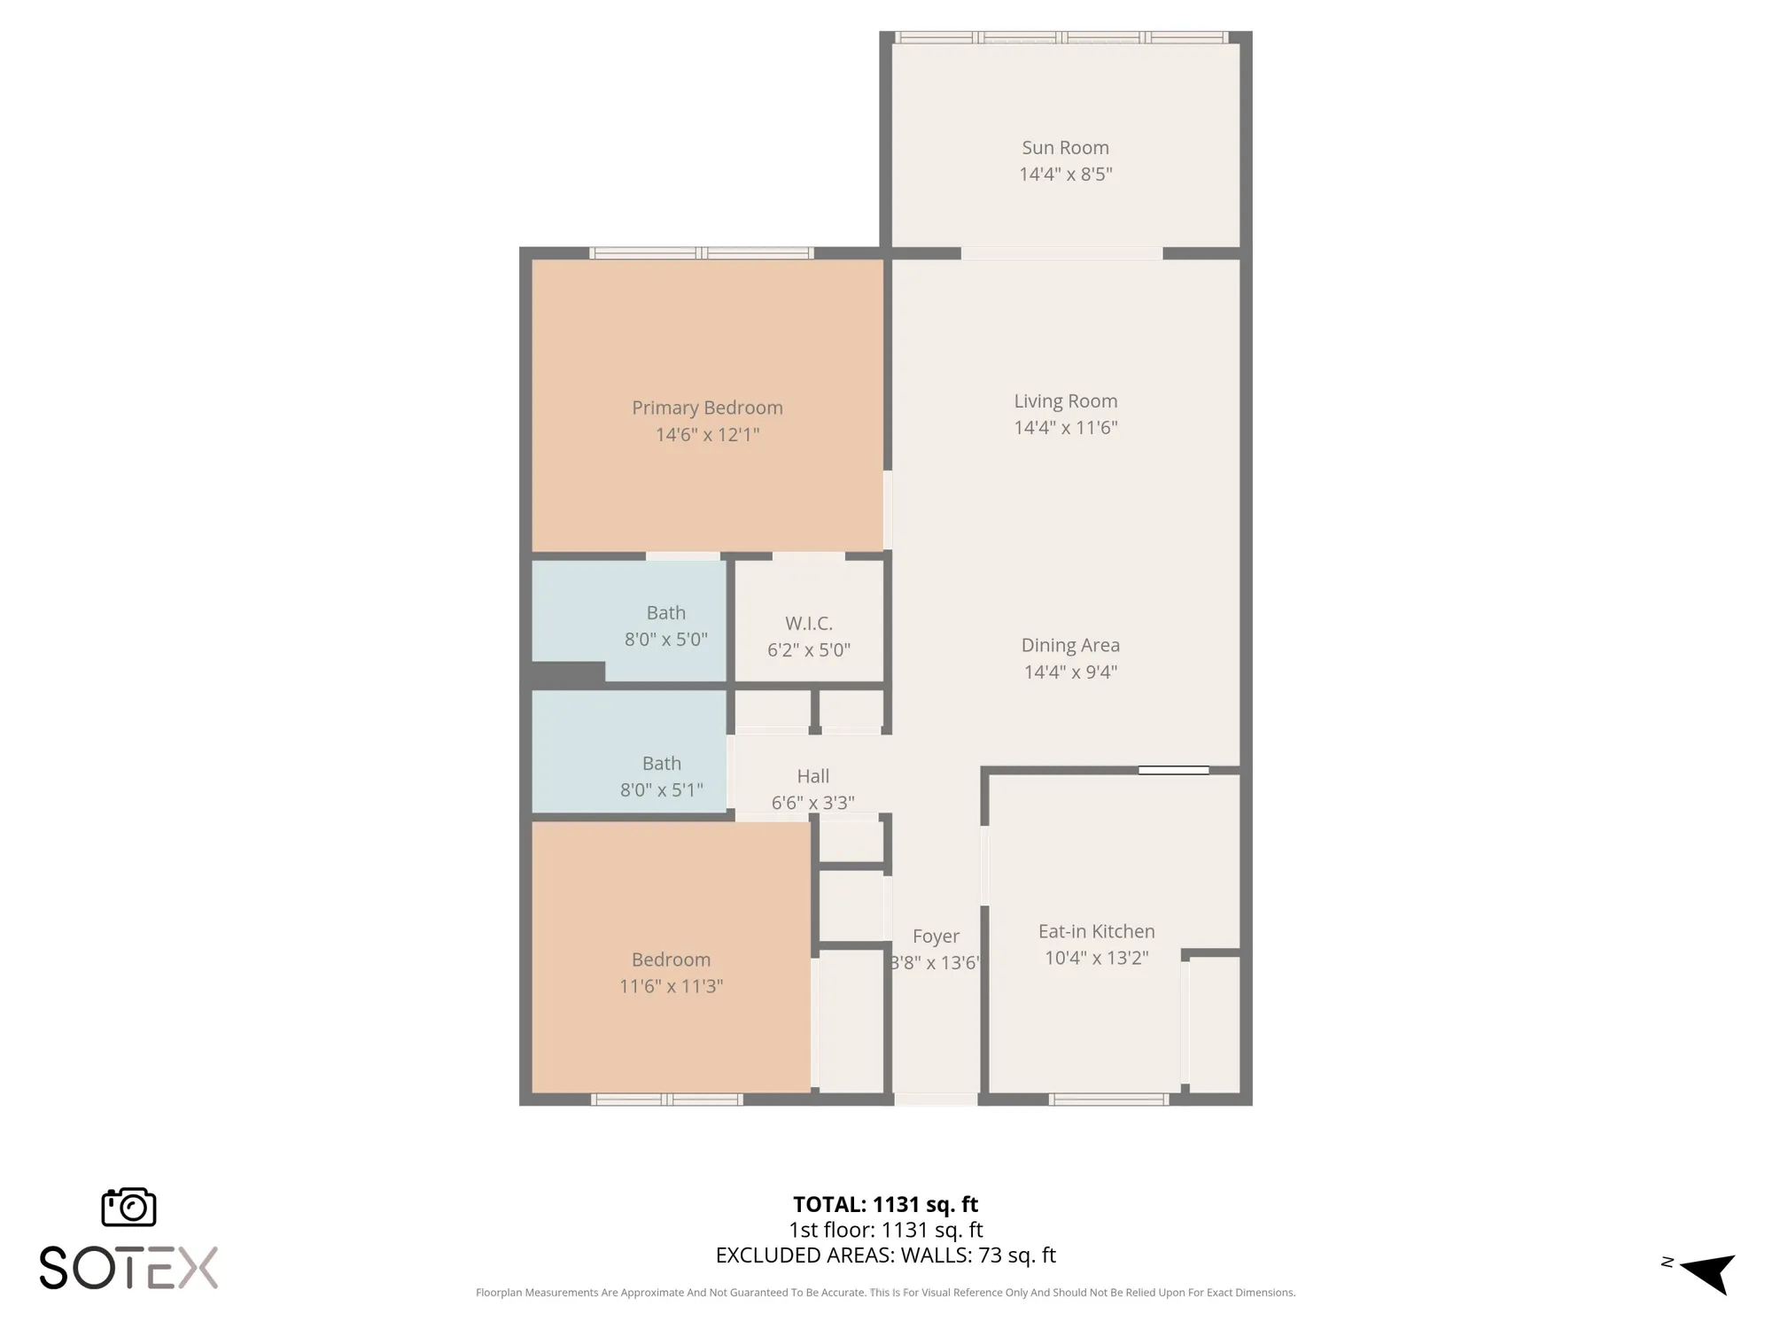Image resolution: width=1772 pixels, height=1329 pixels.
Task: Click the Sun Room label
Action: pyautogui.click(x=1065, y=148)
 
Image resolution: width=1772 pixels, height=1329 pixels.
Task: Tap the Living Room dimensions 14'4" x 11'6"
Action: pyautogui.click(x=1065, y=428)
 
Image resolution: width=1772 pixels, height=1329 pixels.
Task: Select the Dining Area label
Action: pyautogui.click(x=1070, y=645)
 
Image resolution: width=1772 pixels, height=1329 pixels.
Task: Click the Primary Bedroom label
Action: pyautogui.click(x=707, y=408)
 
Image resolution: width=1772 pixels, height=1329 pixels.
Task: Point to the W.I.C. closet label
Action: pyautogui.click(x=808, y=623)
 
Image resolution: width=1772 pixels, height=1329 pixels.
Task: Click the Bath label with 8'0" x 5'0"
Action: pyautogui.click(x=665, y=613)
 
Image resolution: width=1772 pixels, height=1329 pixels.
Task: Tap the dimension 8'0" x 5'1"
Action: pyautogui.click(x=661, y=789)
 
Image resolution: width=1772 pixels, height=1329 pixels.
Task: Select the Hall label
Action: pyautogui.click(x=812, y=776)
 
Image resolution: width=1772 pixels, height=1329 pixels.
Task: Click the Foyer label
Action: pyautogui.click(x=936, y=937)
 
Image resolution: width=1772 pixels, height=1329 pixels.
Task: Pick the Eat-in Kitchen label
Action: pyautogui.click(x=1096, y=931)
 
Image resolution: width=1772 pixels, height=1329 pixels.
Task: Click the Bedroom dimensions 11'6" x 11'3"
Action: pyautogui.click(x=671, y=986)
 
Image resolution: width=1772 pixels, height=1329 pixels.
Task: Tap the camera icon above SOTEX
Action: pyautogui.click(x=129, y=1208)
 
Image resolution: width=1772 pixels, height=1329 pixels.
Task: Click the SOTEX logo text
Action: pyautogui.click(x=129, y=1268)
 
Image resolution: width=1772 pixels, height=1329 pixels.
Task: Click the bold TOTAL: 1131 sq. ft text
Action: pyautogui.click(x=885, y=1204)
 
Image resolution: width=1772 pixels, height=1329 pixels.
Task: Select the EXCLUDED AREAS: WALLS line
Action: pyautogui.click(x=885, y=1255)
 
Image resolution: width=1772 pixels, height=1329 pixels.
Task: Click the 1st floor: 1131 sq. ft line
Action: pyautogui.click(x=885, y=1230)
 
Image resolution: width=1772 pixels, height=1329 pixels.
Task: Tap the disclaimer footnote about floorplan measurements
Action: pyautogui.click(x=885, y=1293)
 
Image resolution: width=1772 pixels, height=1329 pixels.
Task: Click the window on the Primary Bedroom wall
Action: pyautogui.click(x=702, y=253)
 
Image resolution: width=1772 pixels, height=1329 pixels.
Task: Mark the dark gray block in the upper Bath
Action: pyautogui.click(x=568, y=672)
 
